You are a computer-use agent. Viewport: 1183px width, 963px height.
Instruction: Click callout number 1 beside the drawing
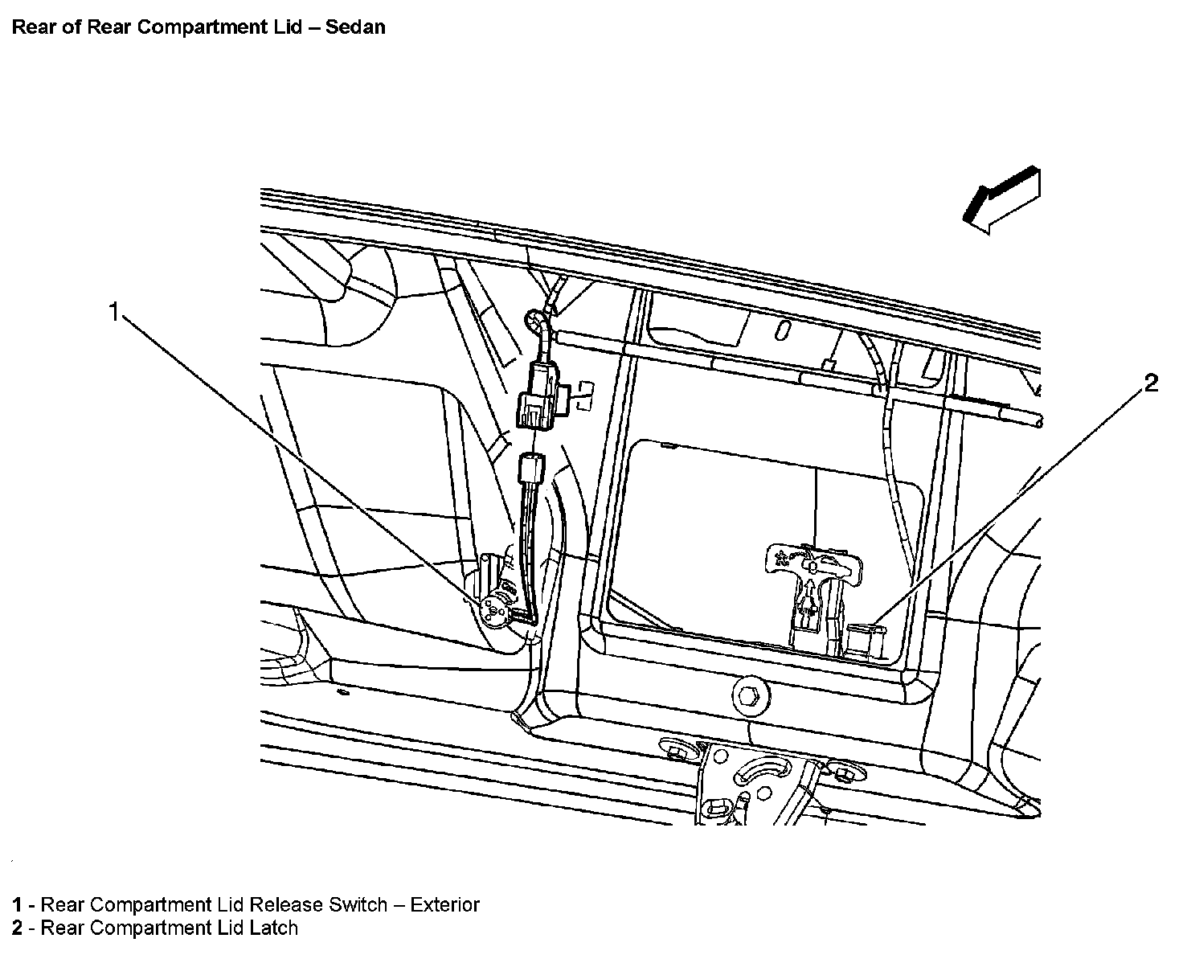point(114,311)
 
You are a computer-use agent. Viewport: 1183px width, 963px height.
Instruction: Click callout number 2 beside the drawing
point(1151,383)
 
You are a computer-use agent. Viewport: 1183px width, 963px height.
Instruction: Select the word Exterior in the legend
point(444,904)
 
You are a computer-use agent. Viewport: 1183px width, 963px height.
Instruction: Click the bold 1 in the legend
point(16,904)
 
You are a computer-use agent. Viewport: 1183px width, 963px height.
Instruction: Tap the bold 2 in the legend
point(16,928)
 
